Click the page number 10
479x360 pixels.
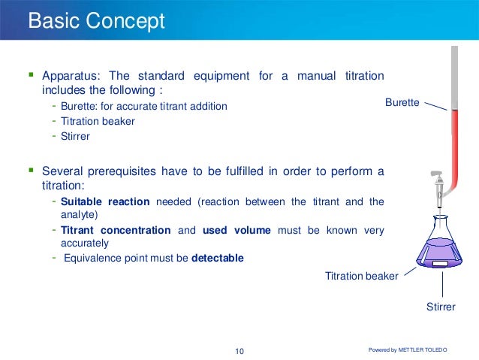tap(239, 351)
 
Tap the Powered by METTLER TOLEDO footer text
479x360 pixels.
tap(419, 350)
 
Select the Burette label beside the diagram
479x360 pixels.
tap(402, 101)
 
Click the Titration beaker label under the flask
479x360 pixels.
tap(361, 276)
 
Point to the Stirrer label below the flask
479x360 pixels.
tap(441, 307)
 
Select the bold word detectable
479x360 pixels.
tap(218, 259)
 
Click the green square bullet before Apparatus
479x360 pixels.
tap(32, 75)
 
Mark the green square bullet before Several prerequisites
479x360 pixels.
tap(32, 171)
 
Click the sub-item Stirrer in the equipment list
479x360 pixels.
tap(75, 136)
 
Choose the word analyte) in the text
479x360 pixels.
tap(79, 213)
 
